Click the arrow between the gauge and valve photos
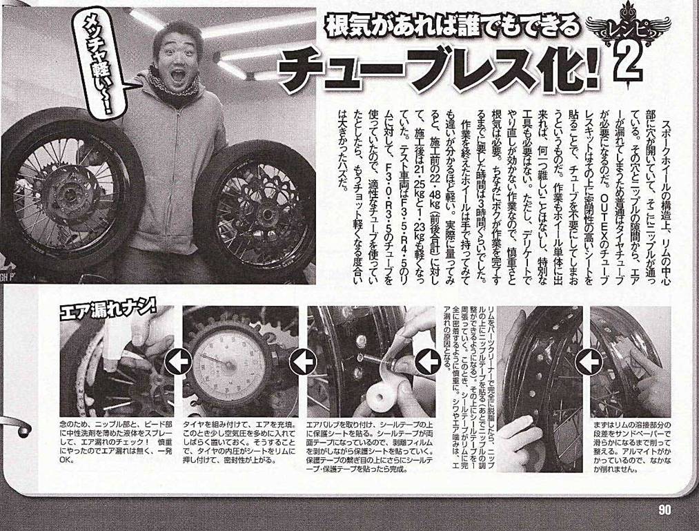coord(302,360)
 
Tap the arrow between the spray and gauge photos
coord(181,360)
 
